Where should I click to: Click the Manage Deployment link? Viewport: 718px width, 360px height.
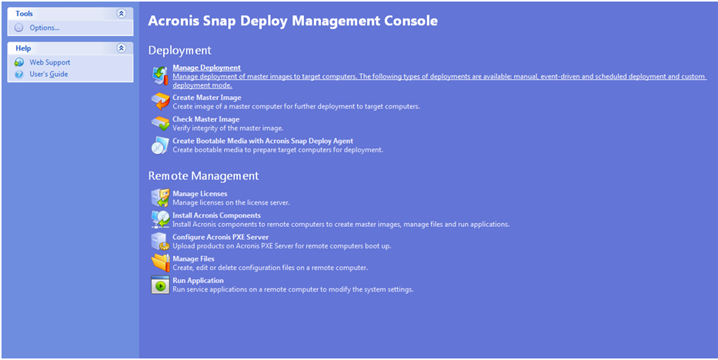tap(206, 68)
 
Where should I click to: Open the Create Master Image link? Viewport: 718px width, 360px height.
tap(206, 98)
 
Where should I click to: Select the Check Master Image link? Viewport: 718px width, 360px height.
tap(205, 119)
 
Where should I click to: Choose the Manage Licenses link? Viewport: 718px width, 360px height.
tap(199, 194)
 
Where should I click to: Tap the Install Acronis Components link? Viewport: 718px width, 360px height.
tap(216, 215)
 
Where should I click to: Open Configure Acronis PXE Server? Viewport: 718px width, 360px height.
tap(220, 237)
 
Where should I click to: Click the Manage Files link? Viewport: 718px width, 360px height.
tap(193, 258)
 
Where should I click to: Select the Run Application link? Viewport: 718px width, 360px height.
tap(198, 281)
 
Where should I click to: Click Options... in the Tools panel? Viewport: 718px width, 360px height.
tap(45, 28)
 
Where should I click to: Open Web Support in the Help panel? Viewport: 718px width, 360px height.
tap(49, 62)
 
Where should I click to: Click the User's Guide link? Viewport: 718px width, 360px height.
tap(48, 74)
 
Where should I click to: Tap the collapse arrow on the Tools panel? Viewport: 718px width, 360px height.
tap(121, 13)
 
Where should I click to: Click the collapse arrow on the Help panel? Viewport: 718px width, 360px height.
tap(121, 48)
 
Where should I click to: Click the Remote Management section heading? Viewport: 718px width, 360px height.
tap(203, 176)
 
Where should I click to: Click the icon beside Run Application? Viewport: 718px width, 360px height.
tap(159, 285)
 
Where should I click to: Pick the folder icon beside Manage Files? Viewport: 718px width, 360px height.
tap(159, 263)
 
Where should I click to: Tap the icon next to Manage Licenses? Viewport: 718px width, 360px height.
tap(159, 198)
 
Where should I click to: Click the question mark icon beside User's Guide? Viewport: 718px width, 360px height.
tap(19, 74)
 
